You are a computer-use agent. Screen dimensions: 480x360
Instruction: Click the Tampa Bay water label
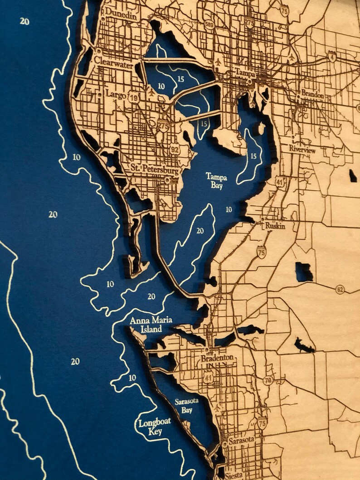216,180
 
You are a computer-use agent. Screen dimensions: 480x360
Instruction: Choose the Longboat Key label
155,426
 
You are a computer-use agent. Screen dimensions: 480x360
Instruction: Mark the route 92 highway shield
175,148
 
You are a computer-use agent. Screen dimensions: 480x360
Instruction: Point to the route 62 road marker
340,289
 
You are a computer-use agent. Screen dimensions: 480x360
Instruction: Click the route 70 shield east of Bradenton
268,380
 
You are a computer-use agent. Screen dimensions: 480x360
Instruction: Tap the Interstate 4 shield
333,58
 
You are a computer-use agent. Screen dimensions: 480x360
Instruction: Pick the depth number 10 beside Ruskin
229,209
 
